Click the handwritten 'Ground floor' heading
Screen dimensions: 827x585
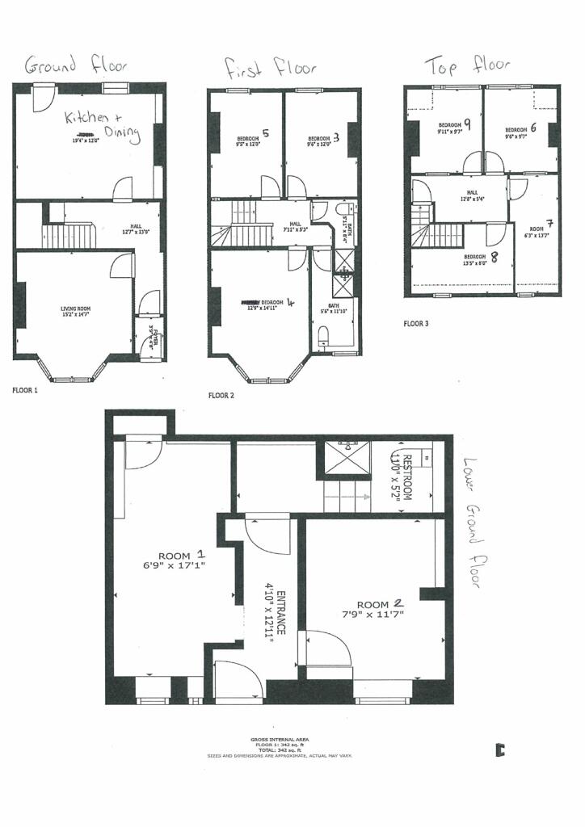click(x=76, y=65)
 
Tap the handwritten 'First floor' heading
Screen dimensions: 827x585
click(x=271, y=68)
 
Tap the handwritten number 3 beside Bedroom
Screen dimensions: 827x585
click(x=335, y=137)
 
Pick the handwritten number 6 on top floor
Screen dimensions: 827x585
click(x=533, y=127)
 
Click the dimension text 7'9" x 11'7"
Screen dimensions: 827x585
click(x=373, y=615)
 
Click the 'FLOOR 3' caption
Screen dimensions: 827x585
click(x=417, y=323)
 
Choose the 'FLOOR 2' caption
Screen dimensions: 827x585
click(x=221, y=396)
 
